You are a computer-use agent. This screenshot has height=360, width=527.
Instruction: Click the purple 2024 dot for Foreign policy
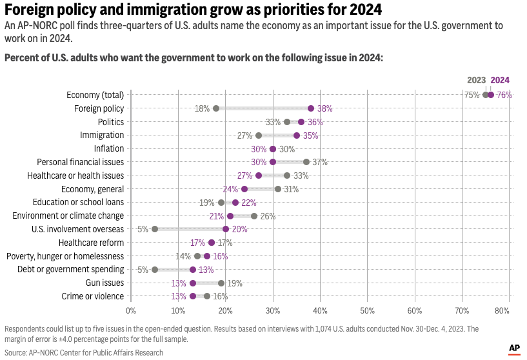click(x=311, y=108)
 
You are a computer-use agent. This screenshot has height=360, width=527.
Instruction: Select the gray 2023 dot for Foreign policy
click(x=216, y=108)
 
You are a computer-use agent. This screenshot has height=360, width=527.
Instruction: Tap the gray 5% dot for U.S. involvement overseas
click(x=155, y=229)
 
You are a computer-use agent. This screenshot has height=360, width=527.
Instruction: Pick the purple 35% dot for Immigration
click(x=297, y=135)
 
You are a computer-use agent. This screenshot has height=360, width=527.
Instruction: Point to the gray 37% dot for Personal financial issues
click(x=306, y=162)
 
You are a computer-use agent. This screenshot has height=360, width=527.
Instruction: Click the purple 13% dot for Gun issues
click(x=193, y=283)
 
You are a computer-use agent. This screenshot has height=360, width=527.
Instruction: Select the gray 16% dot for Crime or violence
click(x=207, y=296)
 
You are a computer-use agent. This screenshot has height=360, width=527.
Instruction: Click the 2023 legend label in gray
click(x=477, y=81)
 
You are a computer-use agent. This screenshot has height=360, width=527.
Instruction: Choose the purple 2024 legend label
click(x=500, y=81)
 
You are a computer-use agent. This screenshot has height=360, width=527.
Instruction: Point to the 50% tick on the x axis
click(x=367, y=311)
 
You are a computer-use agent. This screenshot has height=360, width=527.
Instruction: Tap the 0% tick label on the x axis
click(x=131, y=311)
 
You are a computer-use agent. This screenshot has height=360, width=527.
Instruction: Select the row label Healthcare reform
click(x=91, y=243)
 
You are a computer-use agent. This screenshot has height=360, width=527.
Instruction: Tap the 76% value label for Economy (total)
click(x=504, y=95)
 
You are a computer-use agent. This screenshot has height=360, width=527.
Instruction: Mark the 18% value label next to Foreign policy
click(x=202, y=108)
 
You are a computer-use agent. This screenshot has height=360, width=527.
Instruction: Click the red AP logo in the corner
click(x=514, y=348)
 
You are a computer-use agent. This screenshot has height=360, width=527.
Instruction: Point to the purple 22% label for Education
click(x=248, y=203)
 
